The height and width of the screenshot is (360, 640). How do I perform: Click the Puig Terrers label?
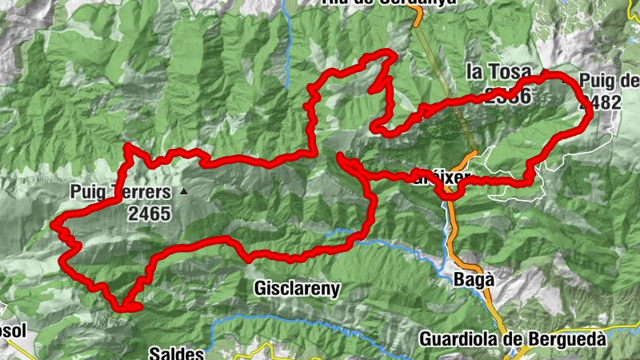(x=120, y=192)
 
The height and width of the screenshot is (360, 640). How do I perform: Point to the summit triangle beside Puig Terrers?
(x=185, y=192)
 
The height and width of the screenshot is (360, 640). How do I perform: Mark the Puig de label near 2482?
(x=610, y=81)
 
